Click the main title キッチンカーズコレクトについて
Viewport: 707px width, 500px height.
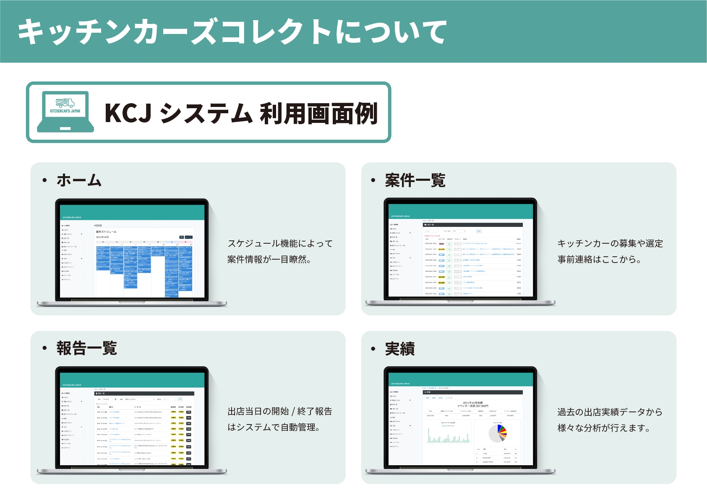pyautogui.click(x=232, y=32)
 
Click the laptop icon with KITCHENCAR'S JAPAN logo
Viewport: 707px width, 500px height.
pyautogui.click(x=65, y=111)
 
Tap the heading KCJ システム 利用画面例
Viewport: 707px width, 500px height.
pyautogui.click(x=241, y=113)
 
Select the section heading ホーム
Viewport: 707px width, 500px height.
pyautogui.click(x=79, y=180)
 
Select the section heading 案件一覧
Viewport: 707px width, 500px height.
pyautogui.click(x=415, y=180)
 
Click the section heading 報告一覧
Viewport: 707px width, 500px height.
pyautogui.click(x=86, y=348)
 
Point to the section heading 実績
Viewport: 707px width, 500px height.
pyautogui.click(x=399, y=349)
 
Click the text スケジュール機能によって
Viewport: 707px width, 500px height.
pyautogui.click(x=280, y=243)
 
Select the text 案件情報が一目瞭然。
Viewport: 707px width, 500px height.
pyautogui.click(x=269, y=260)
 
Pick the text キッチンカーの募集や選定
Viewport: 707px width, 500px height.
pyautogui.click(x=610, y=243)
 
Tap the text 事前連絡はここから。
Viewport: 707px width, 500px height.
pyautogui.click(x=599, y=260)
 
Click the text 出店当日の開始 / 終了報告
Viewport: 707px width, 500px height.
pyautogui.click(x=280, y=411)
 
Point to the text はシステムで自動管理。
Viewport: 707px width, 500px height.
pyautogui.click(x=274, y=427)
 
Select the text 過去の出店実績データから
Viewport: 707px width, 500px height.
pyautogui.click(x=610, y=412)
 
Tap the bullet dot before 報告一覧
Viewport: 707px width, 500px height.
pyautogui.click(x=44, y=348)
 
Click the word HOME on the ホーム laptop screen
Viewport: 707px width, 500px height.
pyautogui.click(x=98, y=226)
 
